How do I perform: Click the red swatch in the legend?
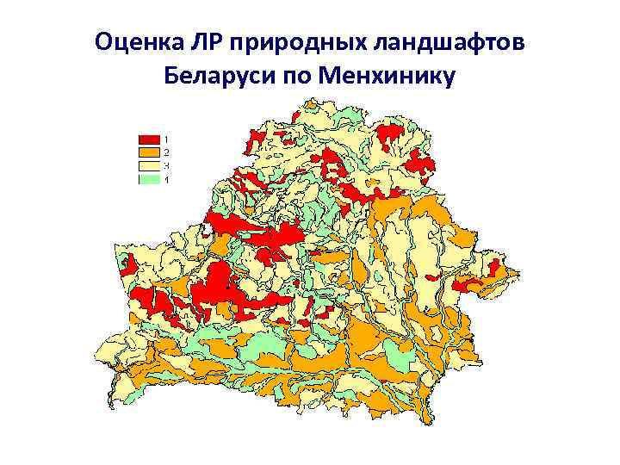tap(149, 139)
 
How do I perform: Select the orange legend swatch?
tap(149, 152)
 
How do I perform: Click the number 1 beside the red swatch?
tap(167, 139)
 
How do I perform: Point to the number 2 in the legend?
tap(167, 152)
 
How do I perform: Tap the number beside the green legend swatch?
tap(167, 179)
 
